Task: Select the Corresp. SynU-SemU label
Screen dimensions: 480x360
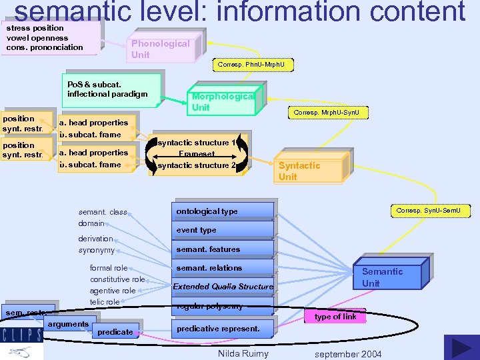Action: [433, 211]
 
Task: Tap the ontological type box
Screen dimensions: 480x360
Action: [223, 211]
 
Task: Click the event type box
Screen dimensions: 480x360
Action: [223, 230]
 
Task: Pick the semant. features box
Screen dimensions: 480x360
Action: [223, 249]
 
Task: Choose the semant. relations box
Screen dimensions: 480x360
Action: [223, 268]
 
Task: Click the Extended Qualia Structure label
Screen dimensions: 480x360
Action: [223, 287]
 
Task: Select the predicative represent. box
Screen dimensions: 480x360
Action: [223, 329]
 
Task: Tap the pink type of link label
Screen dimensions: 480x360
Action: [335, 317]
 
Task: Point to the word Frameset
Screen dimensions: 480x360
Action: [197, 154]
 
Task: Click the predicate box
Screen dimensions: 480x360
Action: [115, 331]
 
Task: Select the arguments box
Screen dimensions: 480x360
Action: [68, 325]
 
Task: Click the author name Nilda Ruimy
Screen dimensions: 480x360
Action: [243, 353]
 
